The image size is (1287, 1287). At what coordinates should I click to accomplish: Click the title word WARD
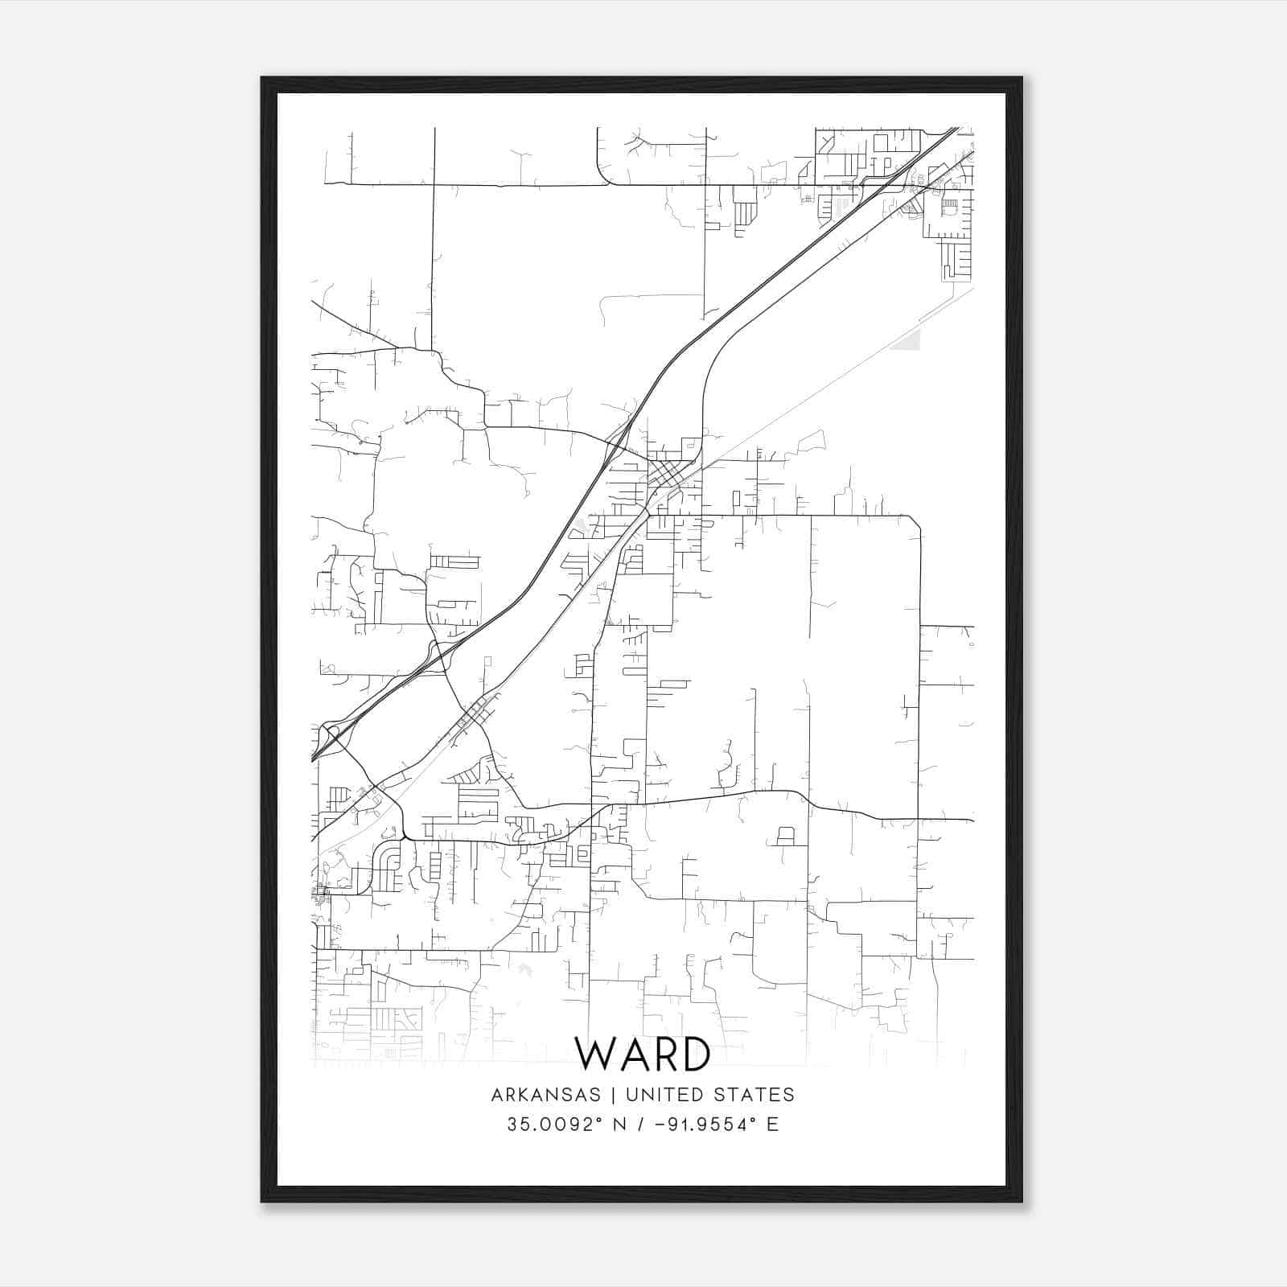pos(643,1055)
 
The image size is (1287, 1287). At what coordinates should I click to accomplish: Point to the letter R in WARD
pos(663,1055)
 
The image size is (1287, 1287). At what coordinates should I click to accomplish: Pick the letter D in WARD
pos(694,1055)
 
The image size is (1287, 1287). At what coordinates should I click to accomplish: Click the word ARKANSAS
pos(545,1095)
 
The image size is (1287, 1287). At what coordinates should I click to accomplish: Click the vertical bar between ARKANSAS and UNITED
pos(613,1095)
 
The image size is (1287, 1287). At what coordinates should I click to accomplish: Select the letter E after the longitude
pos(773,1125)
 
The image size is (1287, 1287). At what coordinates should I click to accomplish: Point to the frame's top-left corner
pos(262,78)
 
